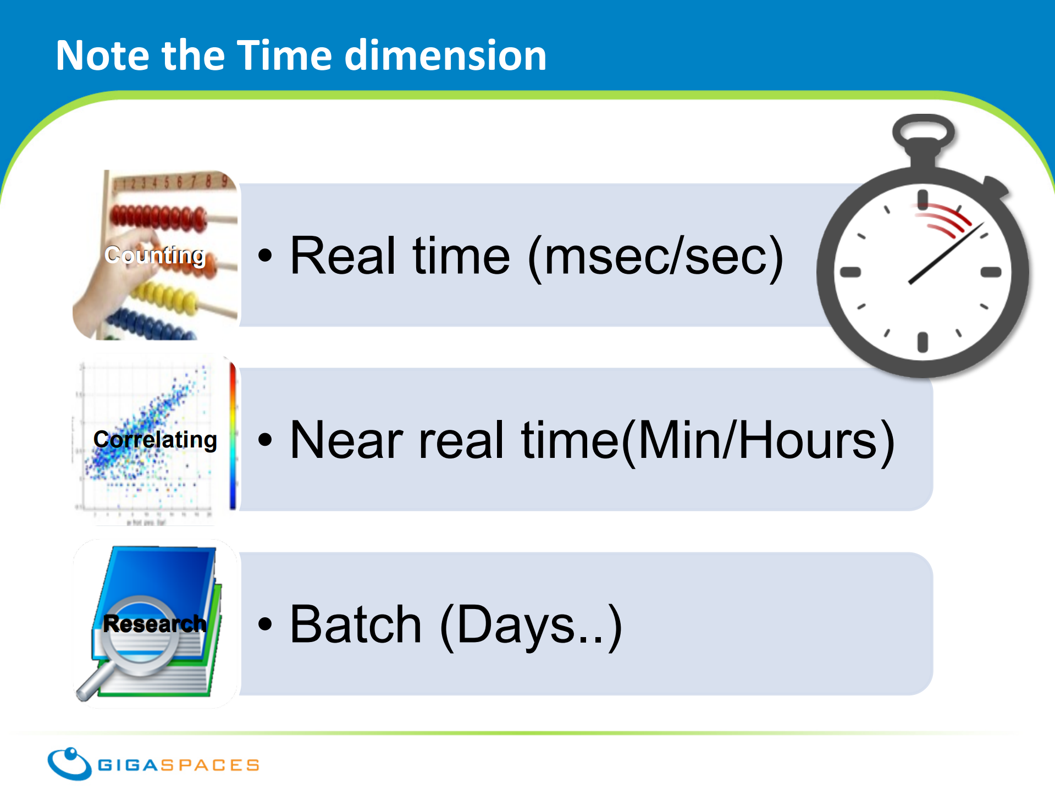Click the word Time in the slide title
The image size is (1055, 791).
(x=285, y=56)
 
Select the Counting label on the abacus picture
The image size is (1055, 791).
(x=154, y=256)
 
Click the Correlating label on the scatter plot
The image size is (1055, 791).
(x=155, y=440)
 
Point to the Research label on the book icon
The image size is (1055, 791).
(x=154, y=623)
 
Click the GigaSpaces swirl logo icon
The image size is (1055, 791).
(x=69, y=764)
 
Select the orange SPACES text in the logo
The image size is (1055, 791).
(x=209, y=765)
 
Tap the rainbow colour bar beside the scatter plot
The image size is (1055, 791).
(x=233, y=436)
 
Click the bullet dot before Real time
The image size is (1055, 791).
(x=265, y=255)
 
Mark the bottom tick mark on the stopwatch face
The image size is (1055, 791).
(x=923, y=342)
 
